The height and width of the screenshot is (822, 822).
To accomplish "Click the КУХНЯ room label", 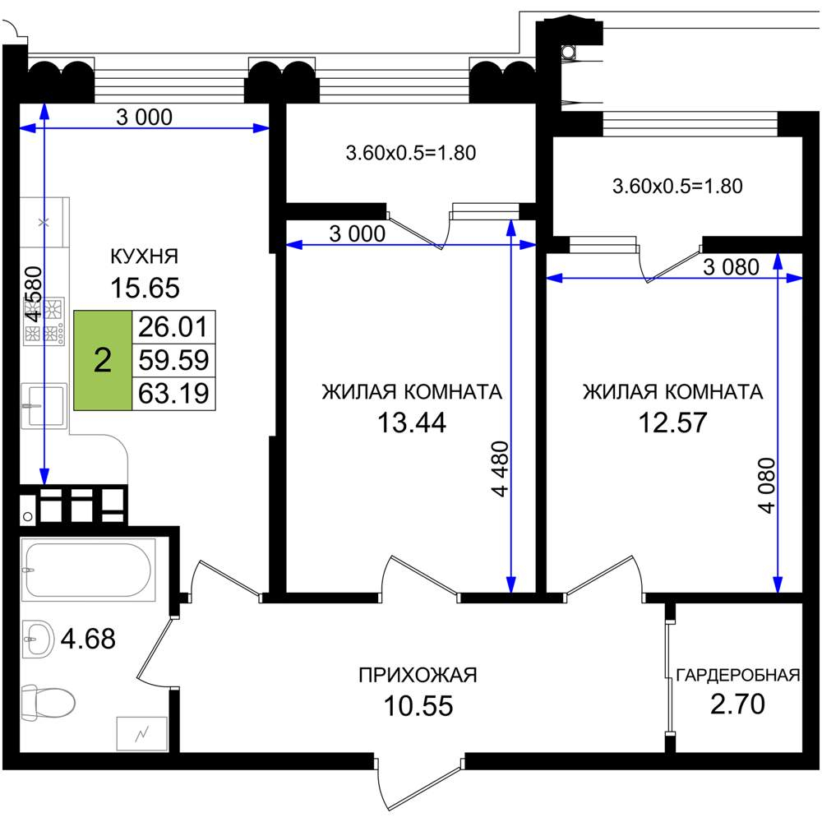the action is tap(145, 256).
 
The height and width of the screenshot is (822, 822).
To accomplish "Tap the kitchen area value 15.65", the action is tap(145, 288).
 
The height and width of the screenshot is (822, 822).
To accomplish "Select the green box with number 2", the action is tap(103, 360).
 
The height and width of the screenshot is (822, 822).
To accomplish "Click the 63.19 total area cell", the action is tap(173, 393).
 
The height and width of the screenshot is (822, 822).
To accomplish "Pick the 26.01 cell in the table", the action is tap(173, 327).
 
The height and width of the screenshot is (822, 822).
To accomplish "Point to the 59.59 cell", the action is tap(173, 360).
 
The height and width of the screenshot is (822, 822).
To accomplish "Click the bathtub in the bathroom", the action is tap(88, 570).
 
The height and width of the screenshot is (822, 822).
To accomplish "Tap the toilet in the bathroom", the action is tap(48, 701).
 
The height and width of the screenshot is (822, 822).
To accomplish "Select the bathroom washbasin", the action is tap(39, 639).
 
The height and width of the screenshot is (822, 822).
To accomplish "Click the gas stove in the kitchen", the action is tap(44, 321).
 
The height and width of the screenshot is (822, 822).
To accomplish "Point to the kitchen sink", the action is tap(44, 406).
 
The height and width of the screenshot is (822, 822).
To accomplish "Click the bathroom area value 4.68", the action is tap(88, 639).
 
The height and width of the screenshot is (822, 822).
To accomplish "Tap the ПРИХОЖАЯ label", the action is tap(418, 675).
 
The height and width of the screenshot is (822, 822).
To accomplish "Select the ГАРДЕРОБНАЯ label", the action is tap(738, 675).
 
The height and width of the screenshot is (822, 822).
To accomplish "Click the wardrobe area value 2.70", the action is tap(737, 704).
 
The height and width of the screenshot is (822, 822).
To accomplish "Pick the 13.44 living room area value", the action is tap(412, 423).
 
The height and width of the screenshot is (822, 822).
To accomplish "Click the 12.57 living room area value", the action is tap(672, 423).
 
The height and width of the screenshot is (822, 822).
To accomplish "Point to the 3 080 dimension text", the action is tap(731, 267).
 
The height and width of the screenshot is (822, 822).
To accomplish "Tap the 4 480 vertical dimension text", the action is tap(501, 469).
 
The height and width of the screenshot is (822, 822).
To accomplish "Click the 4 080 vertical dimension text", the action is tap(766, 486).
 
